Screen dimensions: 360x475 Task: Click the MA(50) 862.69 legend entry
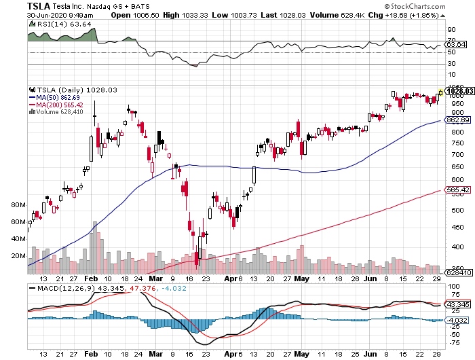pos(60,97)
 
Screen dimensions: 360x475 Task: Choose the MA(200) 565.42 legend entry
pos(61,105)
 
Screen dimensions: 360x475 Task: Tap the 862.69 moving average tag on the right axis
pos(457,120)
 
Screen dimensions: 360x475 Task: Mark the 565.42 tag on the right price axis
pos(457,190)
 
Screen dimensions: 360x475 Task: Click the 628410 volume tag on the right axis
pos(457,272)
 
